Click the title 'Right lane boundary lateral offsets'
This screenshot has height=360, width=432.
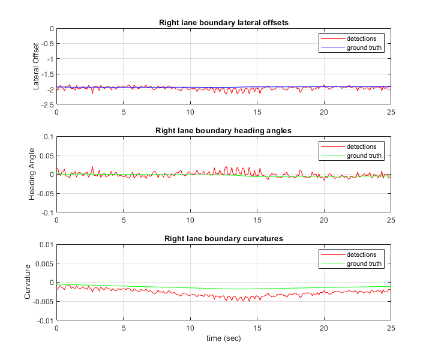point(223,23)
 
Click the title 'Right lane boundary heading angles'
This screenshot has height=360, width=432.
point(223,130)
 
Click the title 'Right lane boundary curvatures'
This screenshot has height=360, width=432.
point(223,238)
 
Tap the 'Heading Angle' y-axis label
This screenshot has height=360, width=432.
point(32,174)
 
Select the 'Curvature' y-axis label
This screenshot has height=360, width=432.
point(28,282)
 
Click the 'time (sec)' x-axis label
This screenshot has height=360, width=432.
point(223,338)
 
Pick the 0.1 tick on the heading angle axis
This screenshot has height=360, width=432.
point(48,136)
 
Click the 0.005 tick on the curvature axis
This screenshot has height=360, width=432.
point(44,263)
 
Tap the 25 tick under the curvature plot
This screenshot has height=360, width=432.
point(390,328)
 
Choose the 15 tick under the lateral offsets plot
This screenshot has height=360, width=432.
point(257,112)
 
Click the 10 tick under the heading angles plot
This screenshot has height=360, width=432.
point(190,220)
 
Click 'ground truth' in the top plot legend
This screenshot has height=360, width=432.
point(364,47)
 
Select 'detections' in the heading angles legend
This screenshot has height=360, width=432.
point(361,146)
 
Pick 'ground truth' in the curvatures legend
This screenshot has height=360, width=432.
point(364,263)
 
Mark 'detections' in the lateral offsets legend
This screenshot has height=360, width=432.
point(361,38)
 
